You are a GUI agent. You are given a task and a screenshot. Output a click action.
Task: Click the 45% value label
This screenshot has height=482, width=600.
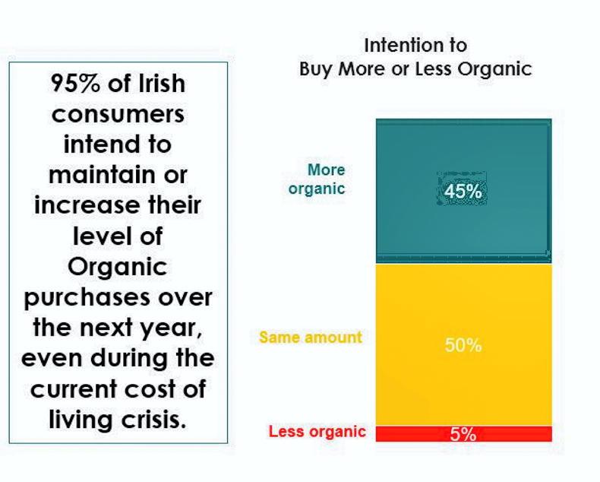pos(463,192)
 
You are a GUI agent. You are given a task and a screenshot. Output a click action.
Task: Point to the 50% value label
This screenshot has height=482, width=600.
pos(463,345)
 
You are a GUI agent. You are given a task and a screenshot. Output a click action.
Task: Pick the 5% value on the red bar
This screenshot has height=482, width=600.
pos(463,434)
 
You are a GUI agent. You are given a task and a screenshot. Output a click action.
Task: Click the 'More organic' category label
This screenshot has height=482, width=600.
pos(317,179)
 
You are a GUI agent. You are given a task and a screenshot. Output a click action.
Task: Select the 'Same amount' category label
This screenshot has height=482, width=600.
pos(311,337)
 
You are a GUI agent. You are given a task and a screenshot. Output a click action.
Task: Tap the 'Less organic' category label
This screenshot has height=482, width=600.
pos(317,433)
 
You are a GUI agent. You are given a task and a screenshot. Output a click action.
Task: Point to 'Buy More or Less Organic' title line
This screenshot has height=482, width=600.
pos(415,69)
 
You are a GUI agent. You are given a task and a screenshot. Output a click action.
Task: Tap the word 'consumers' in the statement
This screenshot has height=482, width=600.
pos(118,114)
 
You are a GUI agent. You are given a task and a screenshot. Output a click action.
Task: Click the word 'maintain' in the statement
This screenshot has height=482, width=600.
pos(96,175)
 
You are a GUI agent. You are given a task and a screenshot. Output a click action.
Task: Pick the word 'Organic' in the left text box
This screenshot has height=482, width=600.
pos(118,267)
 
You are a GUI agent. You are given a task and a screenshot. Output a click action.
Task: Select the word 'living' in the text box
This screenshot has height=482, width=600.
pos(81,420)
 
